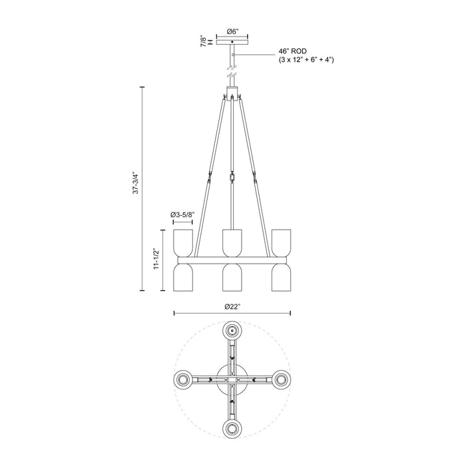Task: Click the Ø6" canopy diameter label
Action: point(232,31)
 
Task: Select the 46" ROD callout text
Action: point(292,52)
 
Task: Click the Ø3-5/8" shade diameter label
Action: point(182,214)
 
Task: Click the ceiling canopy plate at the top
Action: point(232,42)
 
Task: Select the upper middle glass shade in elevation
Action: point(232,244)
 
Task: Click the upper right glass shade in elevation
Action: point(282,244)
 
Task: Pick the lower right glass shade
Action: point(282,276)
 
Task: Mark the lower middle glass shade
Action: point(232,276)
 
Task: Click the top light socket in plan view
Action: point(232,330)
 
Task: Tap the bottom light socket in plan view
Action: point(232,428)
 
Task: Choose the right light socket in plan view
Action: point(282,379)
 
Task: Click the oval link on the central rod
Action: point(232,179)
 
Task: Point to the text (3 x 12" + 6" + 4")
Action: point(306,61)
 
